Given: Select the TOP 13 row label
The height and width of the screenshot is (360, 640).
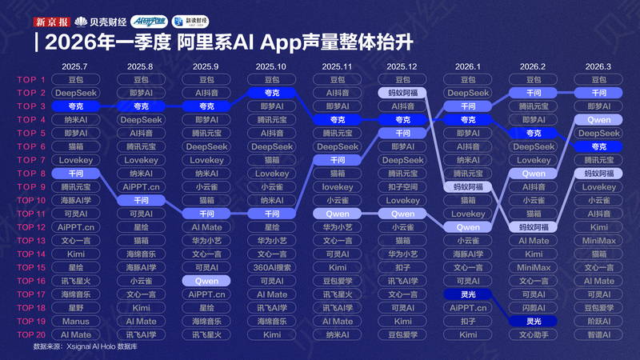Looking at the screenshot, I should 32,240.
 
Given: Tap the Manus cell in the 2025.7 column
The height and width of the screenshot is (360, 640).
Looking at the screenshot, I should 75,321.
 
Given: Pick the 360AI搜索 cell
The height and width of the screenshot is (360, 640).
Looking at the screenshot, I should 272,267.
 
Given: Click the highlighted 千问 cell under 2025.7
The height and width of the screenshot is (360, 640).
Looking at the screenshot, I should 75,173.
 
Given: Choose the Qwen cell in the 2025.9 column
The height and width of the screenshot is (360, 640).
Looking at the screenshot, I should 206,281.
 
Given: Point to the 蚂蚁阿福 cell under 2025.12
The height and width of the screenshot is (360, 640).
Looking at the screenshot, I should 402,93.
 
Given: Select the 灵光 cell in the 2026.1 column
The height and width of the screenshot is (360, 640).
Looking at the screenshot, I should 468,294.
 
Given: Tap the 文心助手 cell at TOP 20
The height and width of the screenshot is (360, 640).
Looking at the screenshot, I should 533,334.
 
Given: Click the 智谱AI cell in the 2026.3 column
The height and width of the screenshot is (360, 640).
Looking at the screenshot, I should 598,334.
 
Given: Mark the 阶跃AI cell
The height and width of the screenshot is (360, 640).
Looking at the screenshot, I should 598,321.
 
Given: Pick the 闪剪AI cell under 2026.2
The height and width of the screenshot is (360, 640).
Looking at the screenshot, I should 533,307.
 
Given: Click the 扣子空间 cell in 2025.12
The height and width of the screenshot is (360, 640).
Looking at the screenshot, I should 402,186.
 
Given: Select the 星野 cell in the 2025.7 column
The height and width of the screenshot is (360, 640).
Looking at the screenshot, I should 75,307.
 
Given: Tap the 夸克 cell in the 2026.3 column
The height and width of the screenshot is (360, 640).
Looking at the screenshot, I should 598,146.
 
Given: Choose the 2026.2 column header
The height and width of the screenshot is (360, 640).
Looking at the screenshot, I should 533,66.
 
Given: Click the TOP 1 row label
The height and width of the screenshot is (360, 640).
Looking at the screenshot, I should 32,79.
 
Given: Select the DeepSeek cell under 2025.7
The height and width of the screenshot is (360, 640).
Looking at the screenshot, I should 75,93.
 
